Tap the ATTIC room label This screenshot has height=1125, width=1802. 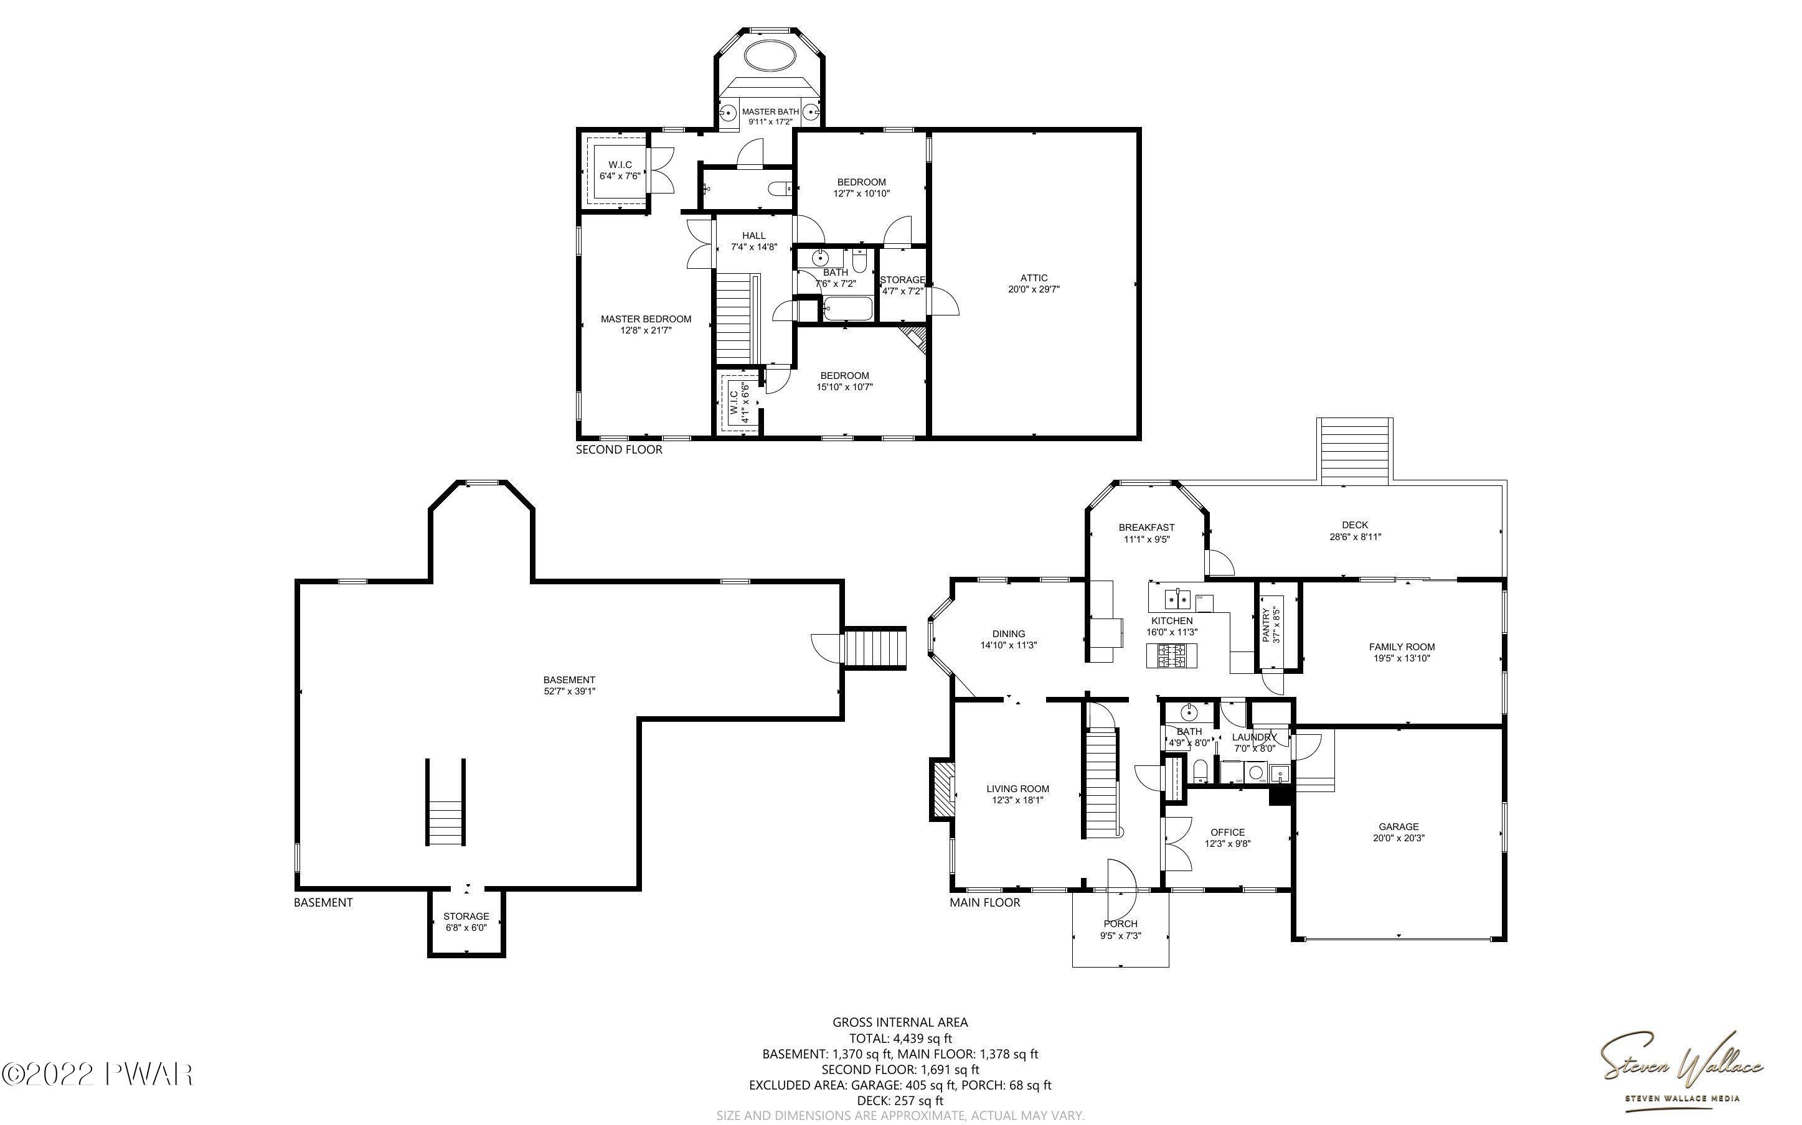[1034, 278]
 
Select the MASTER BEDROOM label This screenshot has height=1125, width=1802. [646, 319]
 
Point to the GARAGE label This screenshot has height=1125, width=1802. [1399, 826]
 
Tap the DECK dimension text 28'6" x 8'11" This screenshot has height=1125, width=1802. [1356, 536]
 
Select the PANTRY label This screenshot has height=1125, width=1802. [1266, 625]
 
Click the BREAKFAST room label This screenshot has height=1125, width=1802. [1146, 528]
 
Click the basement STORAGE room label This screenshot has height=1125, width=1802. [466, 916]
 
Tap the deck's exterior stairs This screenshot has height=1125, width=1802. [1355, 450]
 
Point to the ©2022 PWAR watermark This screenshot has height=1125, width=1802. [98, 1073]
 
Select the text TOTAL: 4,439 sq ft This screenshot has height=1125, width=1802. [900, 1038]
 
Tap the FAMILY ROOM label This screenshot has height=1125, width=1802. [1402, 647]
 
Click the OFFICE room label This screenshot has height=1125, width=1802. [1227, 833]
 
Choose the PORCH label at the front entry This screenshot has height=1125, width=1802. [1120, 924]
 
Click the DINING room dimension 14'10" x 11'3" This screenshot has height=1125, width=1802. [1009, 646]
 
